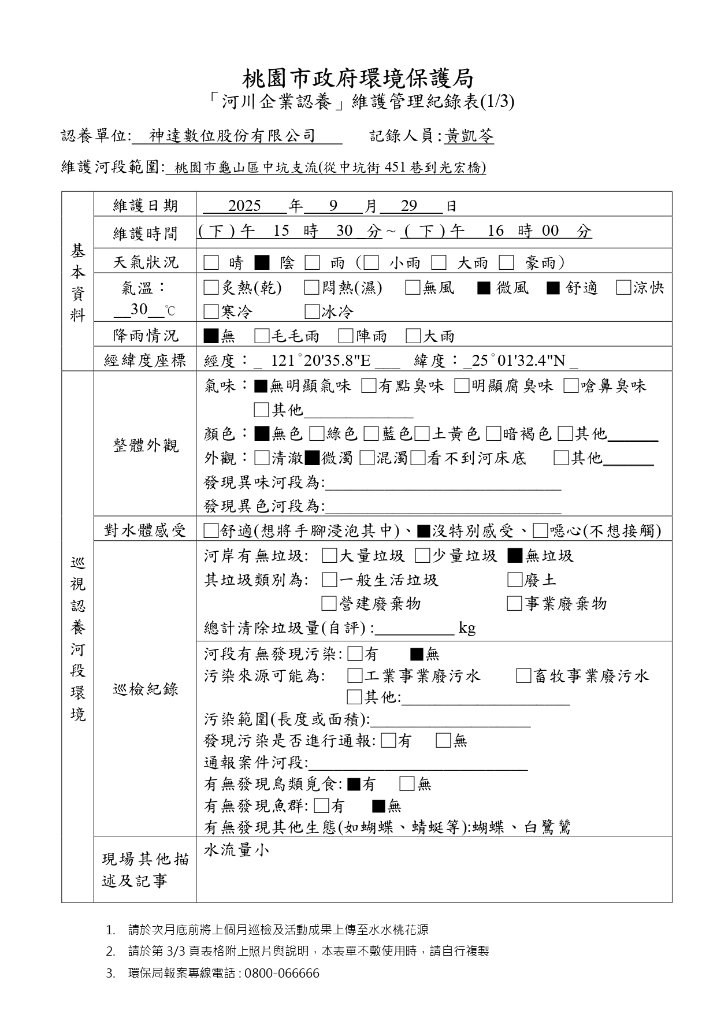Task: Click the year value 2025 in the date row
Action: pos(244,206)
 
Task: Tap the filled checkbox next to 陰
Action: pos(262,263)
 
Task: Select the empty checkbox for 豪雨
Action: pos(506,263)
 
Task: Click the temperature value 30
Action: pos(139,310)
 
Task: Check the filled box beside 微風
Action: pos(484,288)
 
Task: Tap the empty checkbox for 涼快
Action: pos(623,288)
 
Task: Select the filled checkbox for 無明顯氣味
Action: pos(261,386)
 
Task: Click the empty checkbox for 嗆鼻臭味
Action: pos(571,386)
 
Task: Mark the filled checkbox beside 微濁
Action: pos(311,458)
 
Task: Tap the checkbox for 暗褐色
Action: pos(493,434)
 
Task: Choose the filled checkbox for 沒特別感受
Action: pos(423,530)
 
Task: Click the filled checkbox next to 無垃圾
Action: pos(514,556)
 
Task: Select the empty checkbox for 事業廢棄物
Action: pos(514,604)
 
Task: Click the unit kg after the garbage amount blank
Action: pos(467,628)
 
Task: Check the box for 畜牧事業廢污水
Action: pos(523,676)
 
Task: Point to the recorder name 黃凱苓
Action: pos(470,136)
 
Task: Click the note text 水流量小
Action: pos(236,850)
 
